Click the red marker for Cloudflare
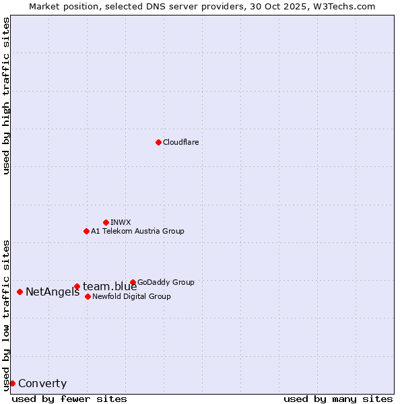tap(158, 142)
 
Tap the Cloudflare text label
tap(180, 142)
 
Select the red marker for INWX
tap(106, 222)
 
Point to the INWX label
tap(121, 222)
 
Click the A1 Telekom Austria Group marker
tap(86, 231)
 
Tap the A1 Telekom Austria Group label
tap(137, 231)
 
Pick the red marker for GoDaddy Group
tap(133, 282)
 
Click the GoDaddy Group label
tap(166, 282)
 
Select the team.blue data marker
tap(77, 286)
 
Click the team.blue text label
tap(110, 287)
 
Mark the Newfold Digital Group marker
tap(88, 296)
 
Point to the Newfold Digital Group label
tap(131, 296)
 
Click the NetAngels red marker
tap(20, 292)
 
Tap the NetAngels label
tap(53, 292)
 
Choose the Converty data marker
tap(12, 383)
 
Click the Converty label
tap(42, 384)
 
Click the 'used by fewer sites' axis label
tap(69, 399)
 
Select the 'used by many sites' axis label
tap(338, 399)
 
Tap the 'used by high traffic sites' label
tap(7, 96)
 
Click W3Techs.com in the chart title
tap(342, 6)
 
